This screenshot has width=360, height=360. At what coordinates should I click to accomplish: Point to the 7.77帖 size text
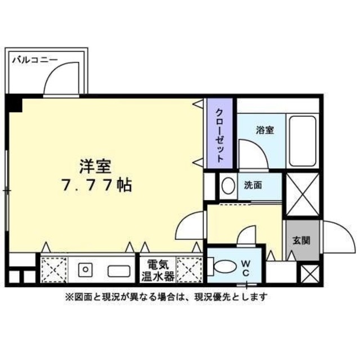(x=96, y=184)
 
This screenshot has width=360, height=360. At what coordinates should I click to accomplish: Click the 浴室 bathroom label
(x=265, y=130)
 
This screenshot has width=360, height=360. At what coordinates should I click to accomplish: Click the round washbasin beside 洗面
(x=228, y=186)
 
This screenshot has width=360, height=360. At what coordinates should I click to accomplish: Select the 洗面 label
(x=253, y=185)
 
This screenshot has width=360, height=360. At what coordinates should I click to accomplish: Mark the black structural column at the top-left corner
(x=15, y=103)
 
